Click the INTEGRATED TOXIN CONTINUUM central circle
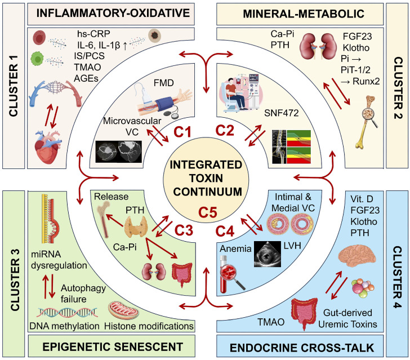coord(206,180)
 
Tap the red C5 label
coord(208,212)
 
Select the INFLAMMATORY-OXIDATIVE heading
coord(113,14)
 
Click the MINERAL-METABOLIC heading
coord(304,14)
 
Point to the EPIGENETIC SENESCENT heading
coord(113,347)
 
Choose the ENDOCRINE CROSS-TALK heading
coord(302,348)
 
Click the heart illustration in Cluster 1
coord(48,147)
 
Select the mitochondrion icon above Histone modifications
coord(123,310)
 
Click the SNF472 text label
coord(282,113)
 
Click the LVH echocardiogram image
coord(268,254)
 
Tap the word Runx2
coord(366,81)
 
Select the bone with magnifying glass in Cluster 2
coord(367,122)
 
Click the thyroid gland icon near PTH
coord(136,226)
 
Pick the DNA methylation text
coord(64,326)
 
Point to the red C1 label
coord(182,132)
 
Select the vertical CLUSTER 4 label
coord(398,277)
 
